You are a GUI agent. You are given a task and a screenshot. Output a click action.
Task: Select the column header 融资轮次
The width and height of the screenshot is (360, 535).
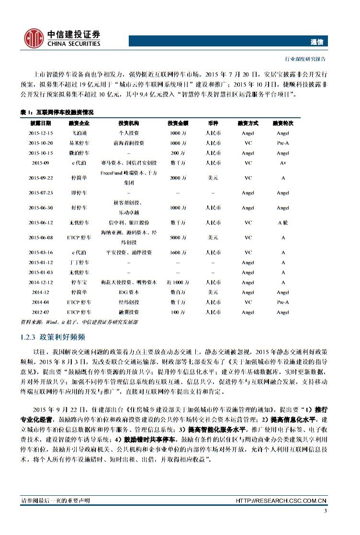point(283,123)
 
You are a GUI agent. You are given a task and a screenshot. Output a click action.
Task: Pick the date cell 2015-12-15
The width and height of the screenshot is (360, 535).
point(41,133)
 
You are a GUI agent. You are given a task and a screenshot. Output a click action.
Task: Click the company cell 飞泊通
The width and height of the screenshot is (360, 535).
point(80,133)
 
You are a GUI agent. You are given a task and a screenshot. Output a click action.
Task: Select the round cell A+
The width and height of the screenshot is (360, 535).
point(283,163)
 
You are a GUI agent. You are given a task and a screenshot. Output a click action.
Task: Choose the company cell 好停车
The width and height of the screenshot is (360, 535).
point(80,208)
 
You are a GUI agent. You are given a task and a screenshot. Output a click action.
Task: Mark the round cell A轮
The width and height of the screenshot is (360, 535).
point(283,223)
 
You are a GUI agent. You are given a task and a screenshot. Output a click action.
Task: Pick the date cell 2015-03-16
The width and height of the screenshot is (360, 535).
point(41,252)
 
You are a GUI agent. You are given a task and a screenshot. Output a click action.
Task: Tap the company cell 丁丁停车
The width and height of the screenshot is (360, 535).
point(80,262)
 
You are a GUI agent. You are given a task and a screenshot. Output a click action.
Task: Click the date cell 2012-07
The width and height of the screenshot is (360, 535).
point(41,312)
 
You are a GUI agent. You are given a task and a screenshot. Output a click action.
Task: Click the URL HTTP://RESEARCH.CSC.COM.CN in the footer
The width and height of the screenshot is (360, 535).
point(281,501)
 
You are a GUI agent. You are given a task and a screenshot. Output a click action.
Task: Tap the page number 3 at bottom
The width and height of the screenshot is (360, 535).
point(325,512)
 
